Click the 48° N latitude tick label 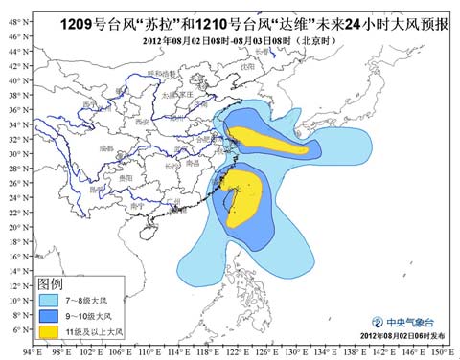point(13,36)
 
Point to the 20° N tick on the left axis point(13,228)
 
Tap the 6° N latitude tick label point(13,329)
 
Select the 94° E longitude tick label point(34,352)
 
